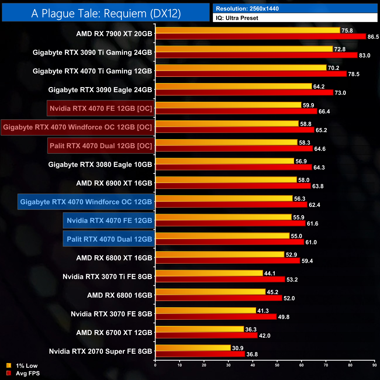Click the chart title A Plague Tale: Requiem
[106, 13]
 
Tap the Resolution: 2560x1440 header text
[247, 9]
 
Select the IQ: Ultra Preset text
[237, 18]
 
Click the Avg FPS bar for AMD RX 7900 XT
[260, 37]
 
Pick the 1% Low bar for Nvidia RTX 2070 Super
[193, 348]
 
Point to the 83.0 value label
[365, 56]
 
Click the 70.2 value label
[334, 68]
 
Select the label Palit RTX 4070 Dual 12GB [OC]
[101, 146]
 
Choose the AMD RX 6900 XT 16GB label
[114, 183]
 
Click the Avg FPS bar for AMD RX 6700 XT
[206, 335]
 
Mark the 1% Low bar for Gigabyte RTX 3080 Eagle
[225, 161]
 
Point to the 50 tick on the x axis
[277, 365]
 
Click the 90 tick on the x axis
[374, 365]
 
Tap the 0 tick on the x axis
[155, 365]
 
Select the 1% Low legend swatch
[9, 365]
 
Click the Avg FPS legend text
[28, 373]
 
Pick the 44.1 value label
[270, 274]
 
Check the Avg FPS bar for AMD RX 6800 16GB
[219, 298]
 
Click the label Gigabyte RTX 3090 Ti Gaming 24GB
[92, 53]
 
